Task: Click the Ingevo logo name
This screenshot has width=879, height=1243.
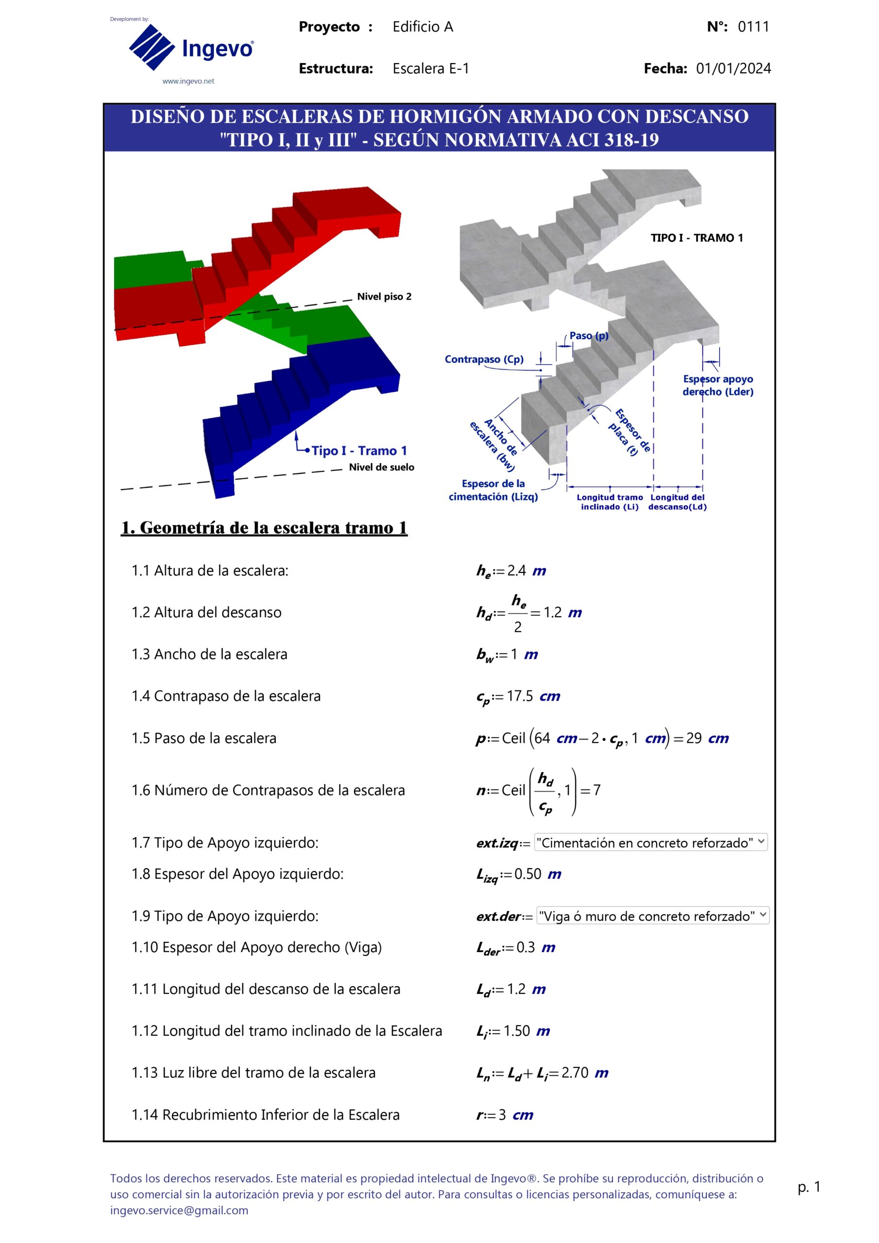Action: pyautogui.click(x=217, y=49)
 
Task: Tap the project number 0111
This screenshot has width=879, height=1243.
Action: pyautogui.click(x=753, y=27)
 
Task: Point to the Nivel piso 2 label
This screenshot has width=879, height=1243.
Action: pyautogui.click(x=384, y=297)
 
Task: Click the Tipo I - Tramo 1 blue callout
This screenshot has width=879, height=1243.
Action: pyautogui.click(x=359, y=451)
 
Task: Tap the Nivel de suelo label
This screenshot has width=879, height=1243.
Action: pyautogui.click(x=381, y=467)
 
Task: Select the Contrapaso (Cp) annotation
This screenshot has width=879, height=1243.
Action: pyautogui.click(x=484, y=359)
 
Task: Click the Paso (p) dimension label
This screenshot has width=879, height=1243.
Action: pyautogui.click(x=588, y=336)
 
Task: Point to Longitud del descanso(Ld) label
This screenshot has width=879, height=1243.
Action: pyautogui.click(x=677, y=502)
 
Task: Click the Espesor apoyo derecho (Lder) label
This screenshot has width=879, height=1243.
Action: pyautogui.click(x=717, y=386)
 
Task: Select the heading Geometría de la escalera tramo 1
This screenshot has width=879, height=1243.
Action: pyautogui.click(x=264, y=528)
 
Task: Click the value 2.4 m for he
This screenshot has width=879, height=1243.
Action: pyautogui.click(x=526, y=571)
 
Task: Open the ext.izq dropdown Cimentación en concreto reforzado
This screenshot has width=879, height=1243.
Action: pyautogui.click(x=650, y=842)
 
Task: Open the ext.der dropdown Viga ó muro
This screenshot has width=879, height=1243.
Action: pyautogui.click(x=652, y=916)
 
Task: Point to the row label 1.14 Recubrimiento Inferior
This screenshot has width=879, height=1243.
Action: pyautogui.click(x=265, y=1115)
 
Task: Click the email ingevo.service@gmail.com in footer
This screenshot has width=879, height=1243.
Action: pyautogui.click(x=179, y=1210)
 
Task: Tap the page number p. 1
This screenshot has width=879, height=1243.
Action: pyautogui.click(x=809, y=1187)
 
